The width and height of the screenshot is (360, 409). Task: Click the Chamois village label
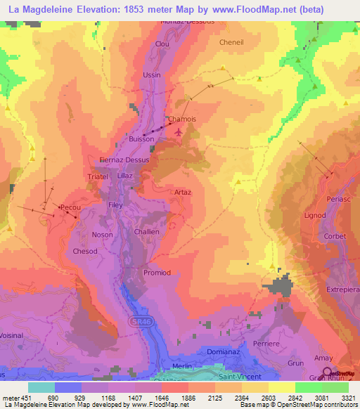tap(181, 119)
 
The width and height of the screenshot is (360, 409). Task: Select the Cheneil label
tap(231, 42)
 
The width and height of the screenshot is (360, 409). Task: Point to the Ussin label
tap(152, 75)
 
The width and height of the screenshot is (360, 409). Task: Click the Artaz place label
tap(183, 192)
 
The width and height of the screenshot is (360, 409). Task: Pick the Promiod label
tap(157, 273)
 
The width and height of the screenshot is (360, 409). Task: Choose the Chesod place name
tap(85, 251)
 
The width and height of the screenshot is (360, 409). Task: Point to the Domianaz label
tap(225, 351)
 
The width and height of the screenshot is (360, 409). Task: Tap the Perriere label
tap(266, 343)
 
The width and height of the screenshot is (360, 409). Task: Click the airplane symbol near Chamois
tap(178, 130)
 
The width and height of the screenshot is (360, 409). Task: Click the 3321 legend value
tap(349, 397)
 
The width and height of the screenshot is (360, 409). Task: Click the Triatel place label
tap(97, 177)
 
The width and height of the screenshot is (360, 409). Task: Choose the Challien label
tap(147, 232)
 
